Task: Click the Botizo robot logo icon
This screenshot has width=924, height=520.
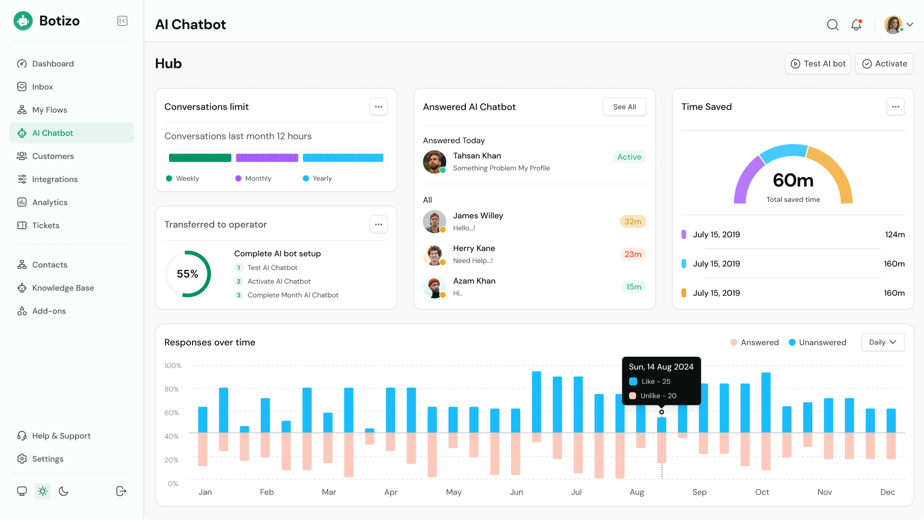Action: pos(23,21)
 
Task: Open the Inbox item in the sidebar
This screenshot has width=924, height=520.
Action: pos(42,87)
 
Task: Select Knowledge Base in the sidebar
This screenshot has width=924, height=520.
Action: pos(63,288)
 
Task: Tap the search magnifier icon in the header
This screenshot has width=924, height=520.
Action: pos(833,25)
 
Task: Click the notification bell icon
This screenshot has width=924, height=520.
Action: pos(856,25)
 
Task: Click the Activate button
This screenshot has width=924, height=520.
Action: pos(884,64)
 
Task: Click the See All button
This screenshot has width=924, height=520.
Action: pos(624,107)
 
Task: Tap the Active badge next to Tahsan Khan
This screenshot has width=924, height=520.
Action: pos(629,157)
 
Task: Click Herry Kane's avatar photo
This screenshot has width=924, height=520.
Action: pos(434,255)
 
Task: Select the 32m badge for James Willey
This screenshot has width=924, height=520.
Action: pos(632,221)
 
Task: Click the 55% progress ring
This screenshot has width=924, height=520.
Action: pos(188,274)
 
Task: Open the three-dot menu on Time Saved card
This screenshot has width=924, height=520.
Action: pos(895,107)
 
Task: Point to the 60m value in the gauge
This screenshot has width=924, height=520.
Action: pos(793,181)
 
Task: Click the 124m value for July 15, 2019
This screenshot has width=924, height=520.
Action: pos(895,234)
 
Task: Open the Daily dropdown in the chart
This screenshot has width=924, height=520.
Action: pos(883,342)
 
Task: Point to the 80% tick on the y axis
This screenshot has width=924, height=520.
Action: pos(172,389)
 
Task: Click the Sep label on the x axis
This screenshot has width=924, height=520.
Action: pos(699,492)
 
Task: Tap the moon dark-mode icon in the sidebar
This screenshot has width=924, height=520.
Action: pos(64,491)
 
